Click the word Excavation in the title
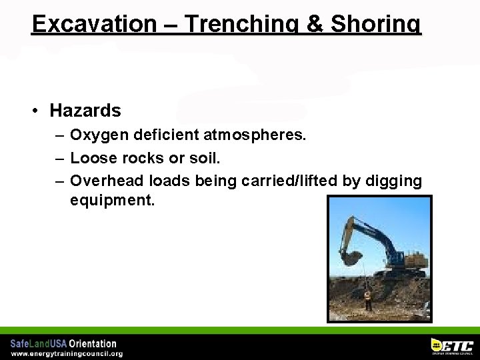(94, 24)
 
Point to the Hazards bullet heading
(85, 111)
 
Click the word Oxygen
(99, 136)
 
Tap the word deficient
(167, 136)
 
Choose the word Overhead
(107, 181)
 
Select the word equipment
(112, 200)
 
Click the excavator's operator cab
(397, 257)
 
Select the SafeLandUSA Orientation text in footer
(63, 343)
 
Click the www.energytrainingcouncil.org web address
(66, 353)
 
